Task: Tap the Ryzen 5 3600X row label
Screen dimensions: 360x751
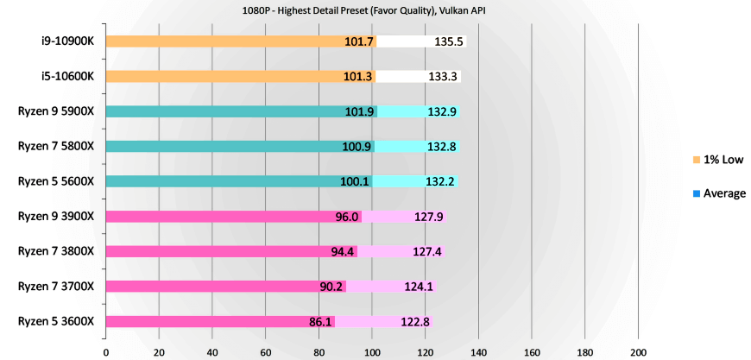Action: pos(56,321)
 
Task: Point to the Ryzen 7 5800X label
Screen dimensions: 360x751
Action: pos(56,146)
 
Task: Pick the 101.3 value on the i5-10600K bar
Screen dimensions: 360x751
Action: pos(357,76)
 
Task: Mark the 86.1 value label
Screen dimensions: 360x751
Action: pos(320,322)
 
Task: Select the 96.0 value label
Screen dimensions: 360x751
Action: pos(347,217)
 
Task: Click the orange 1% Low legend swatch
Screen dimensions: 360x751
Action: pos(697,160)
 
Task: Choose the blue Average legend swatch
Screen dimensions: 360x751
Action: pos(697,193)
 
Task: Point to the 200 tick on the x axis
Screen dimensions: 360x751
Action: pos(639,352)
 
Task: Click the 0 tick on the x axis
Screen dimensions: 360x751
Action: pos(106,352)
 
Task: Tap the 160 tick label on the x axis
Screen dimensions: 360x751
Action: pos(532,352)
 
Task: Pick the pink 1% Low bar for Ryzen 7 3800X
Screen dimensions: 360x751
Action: pos(216,251)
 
